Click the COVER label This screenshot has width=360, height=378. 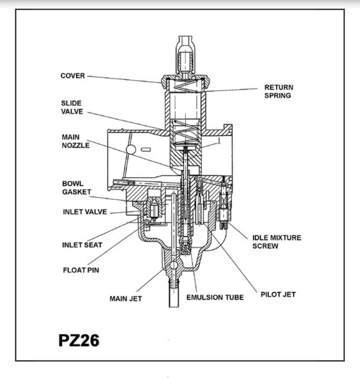[73, 76]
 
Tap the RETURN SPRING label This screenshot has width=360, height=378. [279, 91]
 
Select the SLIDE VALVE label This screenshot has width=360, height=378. [72, 107]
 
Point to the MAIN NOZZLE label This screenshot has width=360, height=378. [76, 141]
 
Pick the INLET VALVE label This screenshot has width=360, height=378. [85, 212]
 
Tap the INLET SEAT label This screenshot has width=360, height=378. [82, 245]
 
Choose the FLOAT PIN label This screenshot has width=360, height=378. [81, 270]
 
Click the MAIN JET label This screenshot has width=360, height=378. [126, 299]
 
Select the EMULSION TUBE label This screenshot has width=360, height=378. [215, 298]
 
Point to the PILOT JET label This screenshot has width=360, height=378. [278, 294]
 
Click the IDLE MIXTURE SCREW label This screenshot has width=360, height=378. [277, 242]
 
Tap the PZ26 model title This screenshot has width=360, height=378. [79, 340]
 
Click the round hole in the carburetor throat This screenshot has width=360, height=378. [131, 150]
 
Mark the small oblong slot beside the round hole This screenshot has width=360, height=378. [146, 150]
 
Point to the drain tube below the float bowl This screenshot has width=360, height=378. [174, 296]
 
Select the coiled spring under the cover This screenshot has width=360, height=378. [186, 86]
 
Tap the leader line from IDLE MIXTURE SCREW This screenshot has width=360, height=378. [238, 231]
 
